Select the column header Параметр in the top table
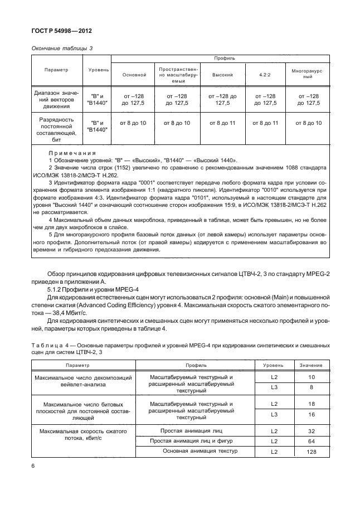pyautogui.click(x=56, y=70)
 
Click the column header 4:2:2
pyautogui.click(x=265, y=74)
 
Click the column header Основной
pyautogui.click(x=133, y=74)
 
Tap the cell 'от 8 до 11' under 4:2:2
pyautogui.click(x=265, y=123)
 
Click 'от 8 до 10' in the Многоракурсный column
pyautogui.click(x=308, y=123)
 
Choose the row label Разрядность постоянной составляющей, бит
pyautogui.click(x=56, y=129)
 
